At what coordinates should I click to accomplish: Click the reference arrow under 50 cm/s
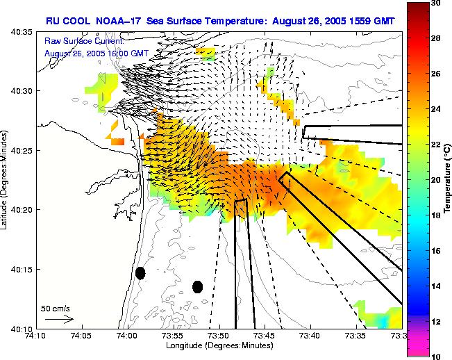pyautogui.click(x=58, y=319)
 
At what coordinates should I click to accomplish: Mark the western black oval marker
pyautogui.click(x=140, y=273)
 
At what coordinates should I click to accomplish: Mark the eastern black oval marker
pyautogui.click(x=197, y=286)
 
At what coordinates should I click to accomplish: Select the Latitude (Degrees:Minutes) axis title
pyautogui.click(x=6, y=179)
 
